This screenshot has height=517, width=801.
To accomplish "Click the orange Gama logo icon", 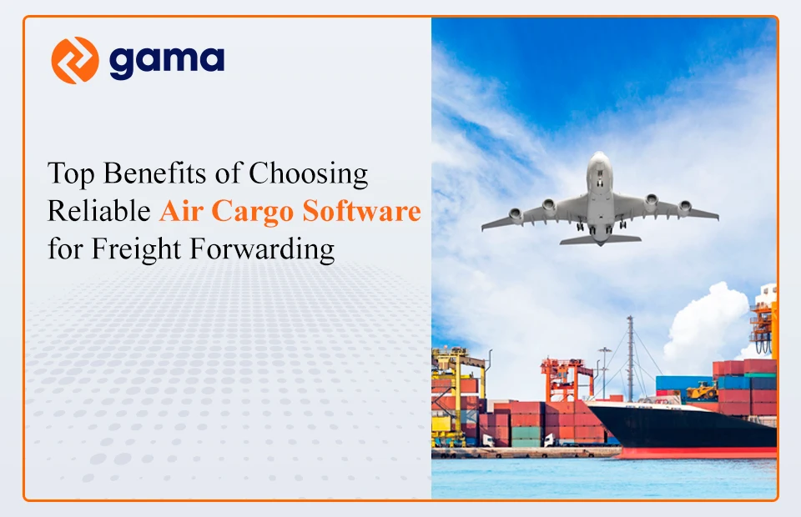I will [x=75, y=60].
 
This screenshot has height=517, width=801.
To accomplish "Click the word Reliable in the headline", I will [x=99, y=212].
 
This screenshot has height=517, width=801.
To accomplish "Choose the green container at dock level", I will [x=526, y=434].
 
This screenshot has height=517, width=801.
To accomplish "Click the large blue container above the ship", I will [x=681, y=383].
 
